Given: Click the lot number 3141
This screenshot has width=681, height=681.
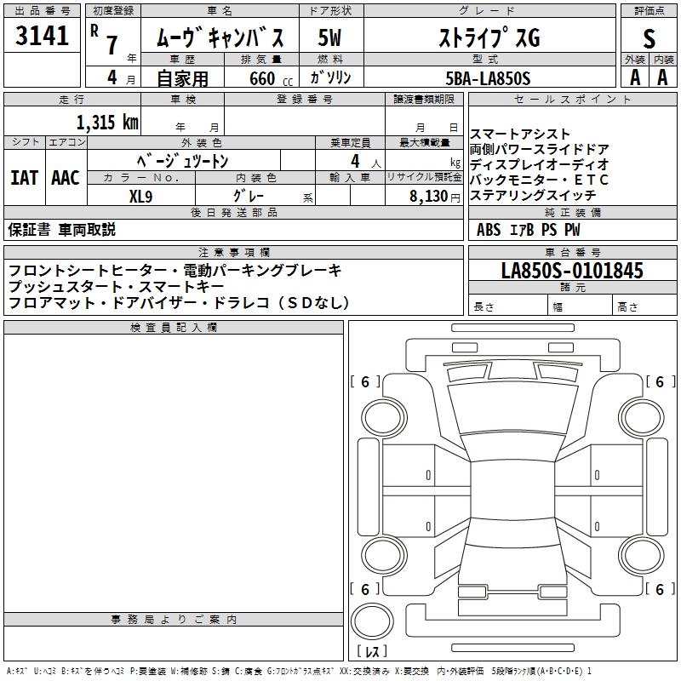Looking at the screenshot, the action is pyautogui.click(x=43, y=36).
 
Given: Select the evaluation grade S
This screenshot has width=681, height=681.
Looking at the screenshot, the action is pyautogui.click(x=649, y=38).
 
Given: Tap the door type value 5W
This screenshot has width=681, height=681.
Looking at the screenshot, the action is pyautogui.click(x=329, y=38).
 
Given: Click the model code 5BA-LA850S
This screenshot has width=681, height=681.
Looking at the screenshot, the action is pyautogui.click(x=488, y=78).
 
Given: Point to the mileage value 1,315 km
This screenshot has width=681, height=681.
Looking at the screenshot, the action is pyautogui.click(x=107, y=122).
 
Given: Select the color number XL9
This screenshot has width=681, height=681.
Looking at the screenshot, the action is pyautogui.click(x=140, y=195).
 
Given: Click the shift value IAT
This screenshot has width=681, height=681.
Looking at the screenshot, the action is pyautogui.click(x=24, y=177).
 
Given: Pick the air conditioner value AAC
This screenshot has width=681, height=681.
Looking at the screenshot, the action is pyautogui.click(x=65, y=177).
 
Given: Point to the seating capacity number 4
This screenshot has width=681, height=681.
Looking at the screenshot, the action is pyautogui.click(x=353, y=160).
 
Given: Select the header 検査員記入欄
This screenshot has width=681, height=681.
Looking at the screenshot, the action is pyautogui.click(x=174, y=328).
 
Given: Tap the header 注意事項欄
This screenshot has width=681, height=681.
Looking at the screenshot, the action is pyautogui.click(x=233, y=253).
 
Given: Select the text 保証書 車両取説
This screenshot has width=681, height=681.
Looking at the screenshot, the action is pyautogui.click(x=61, y=230).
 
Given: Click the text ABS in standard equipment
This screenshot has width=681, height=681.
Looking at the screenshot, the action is pyautogui.click(x=489, y=230).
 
